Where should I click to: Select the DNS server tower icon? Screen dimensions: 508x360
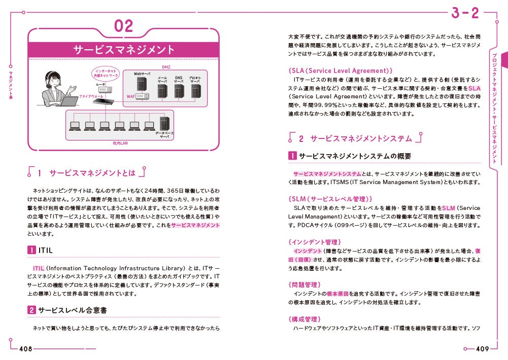[x=179, y=91]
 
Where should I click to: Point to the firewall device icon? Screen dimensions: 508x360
[x=104, y=100]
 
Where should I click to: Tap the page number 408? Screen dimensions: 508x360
[x=26, y=349]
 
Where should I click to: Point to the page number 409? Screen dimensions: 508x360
[x=482, y=349]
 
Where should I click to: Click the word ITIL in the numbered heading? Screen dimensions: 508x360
[x=45, y=250]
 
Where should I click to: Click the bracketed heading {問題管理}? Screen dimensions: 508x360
[x=304, y=285]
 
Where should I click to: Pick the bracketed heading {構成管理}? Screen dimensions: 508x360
[x=304, y=319]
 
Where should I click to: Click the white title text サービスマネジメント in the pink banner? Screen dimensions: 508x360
[x=123, y=50]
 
